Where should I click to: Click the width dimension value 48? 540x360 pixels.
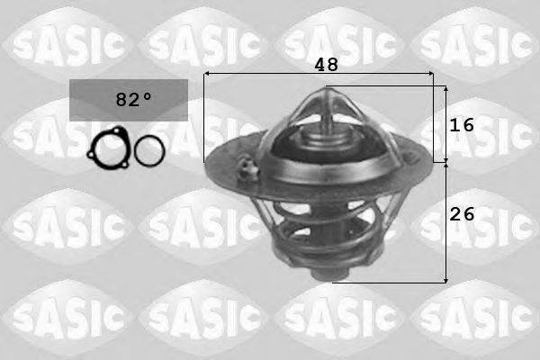point(325,66)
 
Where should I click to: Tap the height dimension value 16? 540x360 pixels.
point(462,126)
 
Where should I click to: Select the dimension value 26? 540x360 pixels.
point(462,214)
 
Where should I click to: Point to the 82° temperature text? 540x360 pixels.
point(129,99)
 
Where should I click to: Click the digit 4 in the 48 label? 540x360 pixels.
point(319,66)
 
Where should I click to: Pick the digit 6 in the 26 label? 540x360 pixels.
point(468,214)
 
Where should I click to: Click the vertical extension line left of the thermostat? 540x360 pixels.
point(204,126)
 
